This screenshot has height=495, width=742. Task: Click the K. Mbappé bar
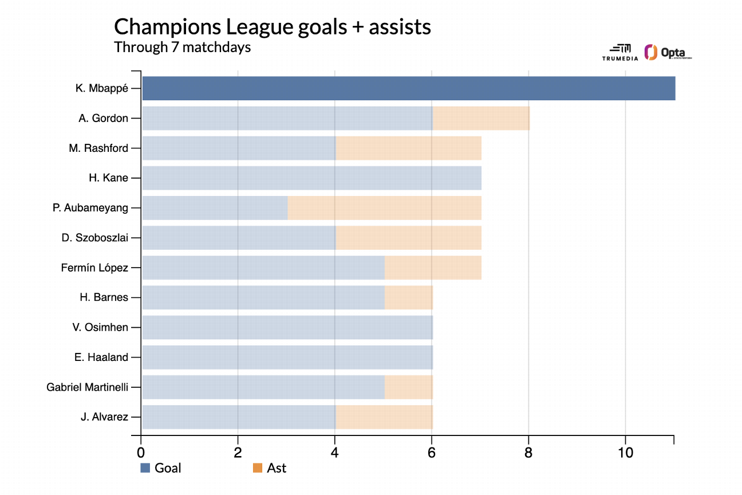point(408,88)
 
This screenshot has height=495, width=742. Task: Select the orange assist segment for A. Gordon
point(481,118)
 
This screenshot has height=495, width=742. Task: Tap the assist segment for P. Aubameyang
point(384,208)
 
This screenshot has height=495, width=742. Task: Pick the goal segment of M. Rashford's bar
point(238,148)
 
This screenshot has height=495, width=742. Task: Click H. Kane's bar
point(311,178)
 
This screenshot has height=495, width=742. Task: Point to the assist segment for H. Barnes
point(408,297)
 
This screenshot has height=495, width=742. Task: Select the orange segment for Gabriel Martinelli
point(408,387)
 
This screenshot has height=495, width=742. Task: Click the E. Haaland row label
point(101,357)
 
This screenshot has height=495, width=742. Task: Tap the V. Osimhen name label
point(100,327)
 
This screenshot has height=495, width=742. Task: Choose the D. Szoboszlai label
point(94,238)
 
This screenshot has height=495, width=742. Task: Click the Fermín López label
point(94,268)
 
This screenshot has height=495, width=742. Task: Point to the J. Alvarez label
point(104,417)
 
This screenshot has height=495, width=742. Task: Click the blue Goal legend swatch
point(145,468)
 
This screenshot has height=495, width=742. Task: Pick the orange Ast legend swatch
point(257,468)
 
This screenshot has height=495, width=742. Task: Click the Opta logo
point(668,53)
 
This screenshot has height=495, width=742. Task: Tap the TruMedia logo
point(616,53)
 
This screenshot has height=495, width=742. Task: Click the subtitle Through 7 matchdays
point(182,47)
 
